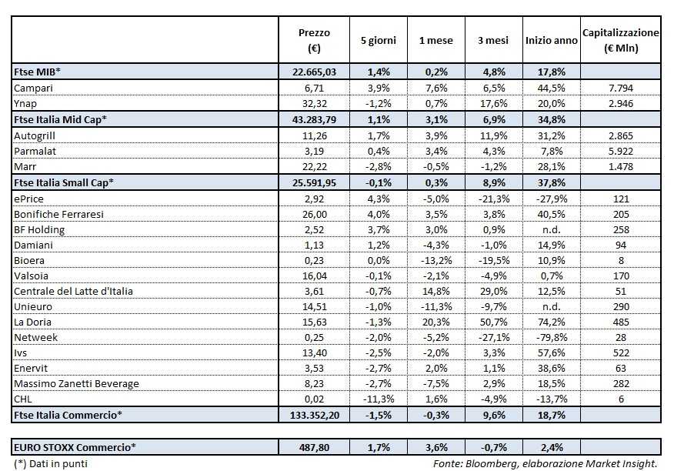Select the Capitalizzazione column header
point(621,41)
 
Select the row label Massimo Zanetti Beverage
point(72,382)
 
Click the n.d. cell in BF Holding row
point(549,229)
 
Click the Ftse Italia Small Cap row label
point(63,182)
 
